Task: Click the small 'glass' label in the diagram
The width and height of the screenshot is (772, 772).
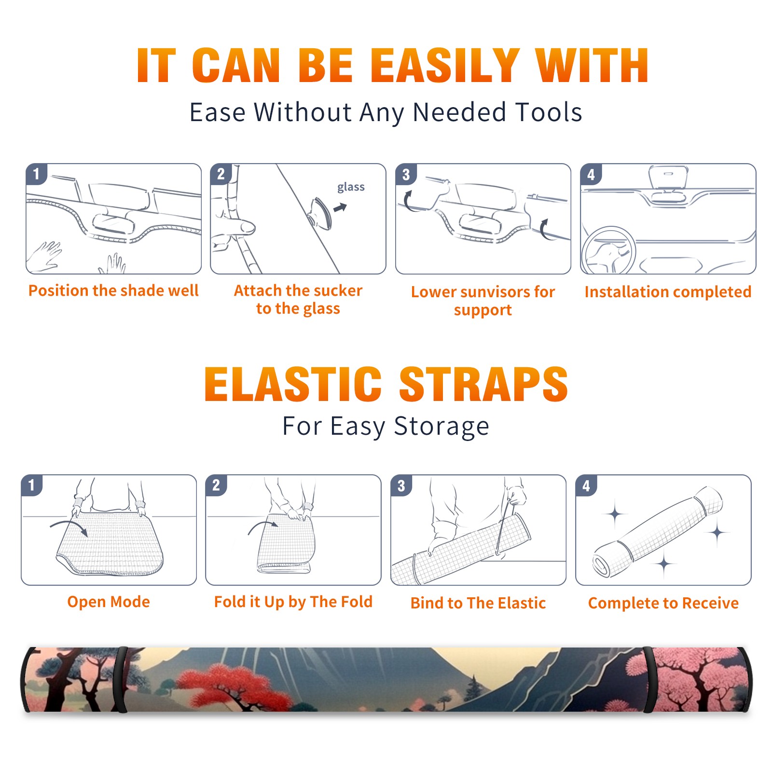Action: click(351, 187)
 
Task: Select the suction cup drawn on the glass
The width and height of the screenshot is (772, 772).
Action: click(321, 213)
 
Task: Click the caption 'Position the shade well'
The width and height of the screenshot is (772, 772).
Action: click(113, 290)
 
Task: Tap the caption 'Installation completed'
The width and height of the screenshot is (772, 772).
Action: click(668, 291)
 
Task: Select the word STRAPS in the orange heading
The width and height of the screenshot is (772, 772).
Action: click(483, 384)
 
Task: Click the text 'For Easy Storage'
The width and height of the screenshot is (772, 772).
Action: click(386, 427)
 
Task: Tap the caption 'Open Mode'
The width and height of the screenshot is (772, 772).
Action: click(109, 602)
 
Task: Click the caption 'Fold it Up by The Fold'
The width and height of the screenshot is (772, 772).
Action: click(293, 602)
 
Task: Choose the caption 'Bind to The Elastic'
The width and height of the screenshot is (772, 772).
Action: click(478, 603)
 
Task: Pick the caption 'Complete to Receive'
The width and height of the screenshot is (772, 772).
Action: click(663, 603)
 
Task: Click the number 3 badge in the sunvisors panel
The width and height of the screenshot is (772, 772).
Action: click(406, 174)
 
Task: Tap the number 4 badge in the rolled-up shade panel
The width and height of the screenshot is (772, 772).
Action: click(586, 485)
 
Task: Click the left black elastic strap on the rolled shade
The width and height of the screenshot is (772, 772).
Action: click(121, 679)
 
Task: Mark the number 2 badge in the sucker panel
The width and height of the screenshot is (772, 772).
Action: click(221, 174)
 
